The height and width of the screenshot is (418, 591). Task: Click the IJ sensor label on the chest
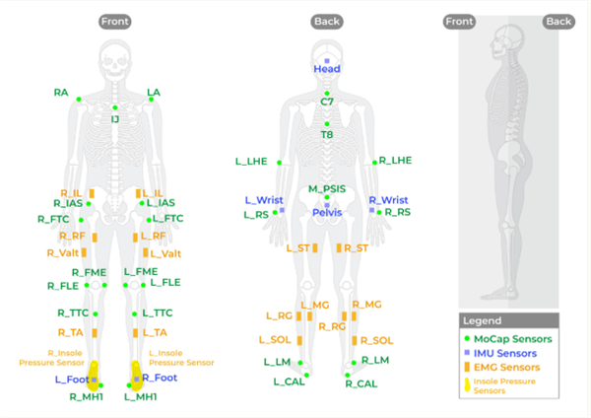click(x=114, y=119)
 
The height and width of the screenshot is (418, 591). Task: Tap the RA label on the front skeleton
click(x=61, y=93)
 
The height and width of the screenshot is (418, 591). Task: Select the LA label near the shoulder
click(x=153, y=93)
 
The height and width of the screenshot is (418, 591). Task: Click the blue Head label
click(x=327, y=69)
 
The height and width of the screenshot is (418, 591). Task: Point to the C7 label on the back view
click(x=327, y=102)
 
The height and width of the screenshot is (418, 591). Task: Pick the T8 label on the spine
click(x=327, y=134)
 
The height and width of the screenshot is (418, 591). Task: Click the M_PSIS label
click(x=327, y=187)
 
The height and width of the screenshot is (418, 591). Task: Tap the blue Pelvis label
click(x=327, y=212)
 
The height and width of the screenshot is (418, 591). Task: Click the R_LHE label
click(x=394, y=160)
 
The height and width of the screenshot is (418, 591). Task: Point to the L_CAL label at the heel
click(x=289, y=382)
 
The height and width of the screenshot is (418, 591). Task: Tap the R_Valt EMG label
click(x=63, y=253)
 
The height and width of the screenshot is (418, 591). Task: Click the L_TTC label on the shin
click(x=158, y=313)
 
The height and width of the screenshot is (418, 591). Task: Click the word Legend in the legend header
click(x=483, y=321)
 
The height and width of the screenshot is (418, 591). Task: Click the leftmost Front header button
click(x=114, y=21)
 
